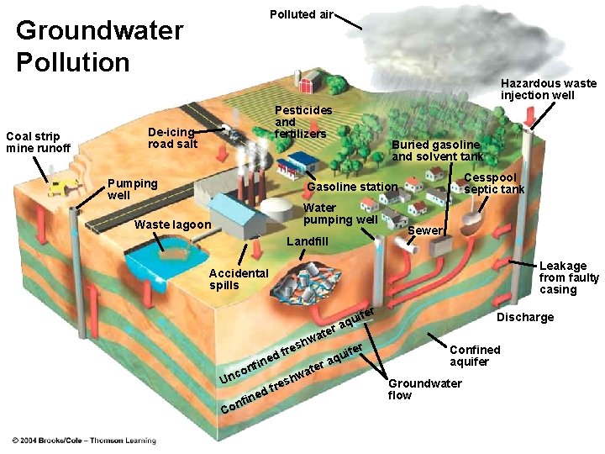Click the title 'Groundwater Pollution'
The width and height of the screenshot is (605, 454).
pos(99,46)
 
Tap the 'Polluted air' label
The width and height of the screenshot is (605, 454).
pos(301,14)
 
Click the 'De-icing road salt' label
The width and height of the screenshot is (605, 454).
pos(172,137)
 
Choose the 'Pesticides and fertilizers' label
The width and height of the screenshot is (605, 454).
pos(302,122)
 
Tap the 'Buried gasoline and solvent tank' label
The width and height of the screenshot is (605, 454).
pos(437,150)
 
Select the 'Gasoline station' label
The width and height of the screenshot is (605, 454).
pos(352,187)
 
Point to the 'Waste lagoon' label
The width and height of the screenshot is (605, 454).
pos(173,224)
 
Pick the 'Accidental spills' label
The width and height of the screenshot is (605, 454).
pos(239,279)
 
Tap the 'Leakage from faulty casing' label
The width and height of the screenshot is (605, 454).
pos(569,277)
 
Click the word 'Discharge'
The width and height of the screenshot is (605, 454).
pos(525,317)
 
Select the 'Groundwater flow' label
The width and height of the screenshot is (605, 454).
pos(424,389)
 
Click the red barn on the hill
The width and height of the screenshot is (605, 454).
pos(311,81)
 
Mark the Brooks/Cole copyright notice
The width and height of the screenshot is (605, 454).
pos(84,441)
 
